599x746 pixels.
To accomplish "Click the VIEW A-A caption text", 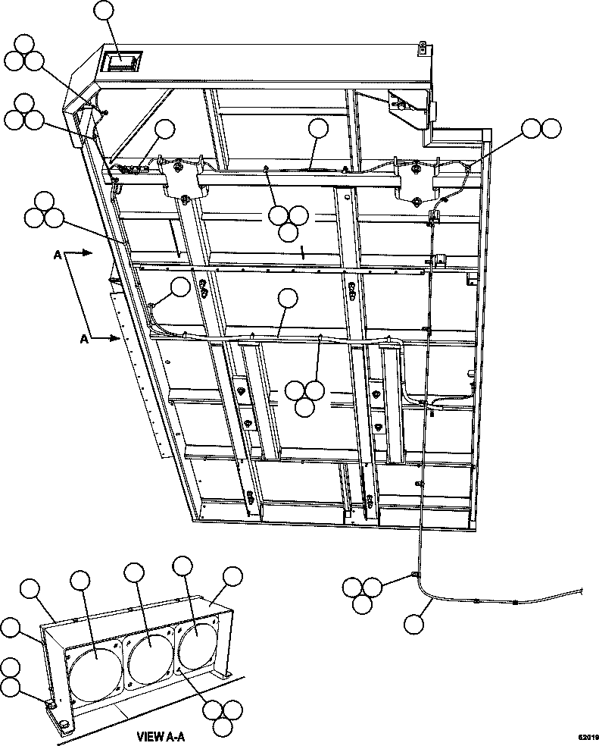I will [x=160, y=735].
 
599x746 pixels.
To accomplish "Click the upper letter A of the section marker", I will [x=58, y=257].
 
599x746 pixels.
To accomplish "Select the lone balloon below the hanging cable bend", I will [x=413, y=624].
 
